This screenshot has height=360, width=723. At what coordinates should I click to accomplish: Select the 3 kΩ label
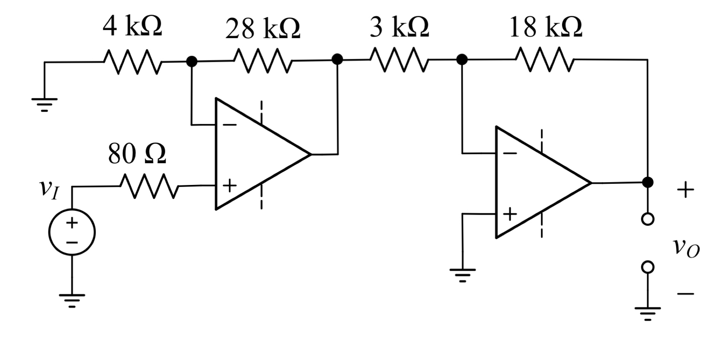[x=399, y=27]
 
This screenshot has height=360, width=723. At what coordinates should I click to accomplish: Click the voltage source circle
[x=72, y=232]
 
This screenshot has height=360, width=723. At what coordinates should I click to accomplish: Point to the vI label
[x=49, y=188]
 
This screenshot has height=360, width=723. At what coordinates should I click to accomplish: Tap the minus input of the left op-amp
[x=230, y=124]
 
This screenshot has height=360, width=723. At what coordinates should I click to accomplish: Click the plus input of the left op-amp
[x=230, y=186]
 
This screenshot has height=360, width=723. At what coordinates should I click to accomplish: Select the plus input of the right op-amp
[x=510, y=214]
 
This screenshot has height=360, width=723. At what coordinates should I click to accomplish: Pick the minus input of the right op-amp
[x=510, y=153]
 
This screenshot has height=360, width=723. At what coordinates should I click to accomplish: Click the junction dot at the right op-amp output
[x=647, y=182]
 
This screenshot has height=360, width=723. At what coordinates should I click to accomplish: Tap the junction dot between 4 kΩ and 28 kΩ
[x=191, y=61]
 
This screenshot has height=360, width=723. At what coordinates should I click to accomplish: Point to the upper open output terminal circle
[x=647, y=219]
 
